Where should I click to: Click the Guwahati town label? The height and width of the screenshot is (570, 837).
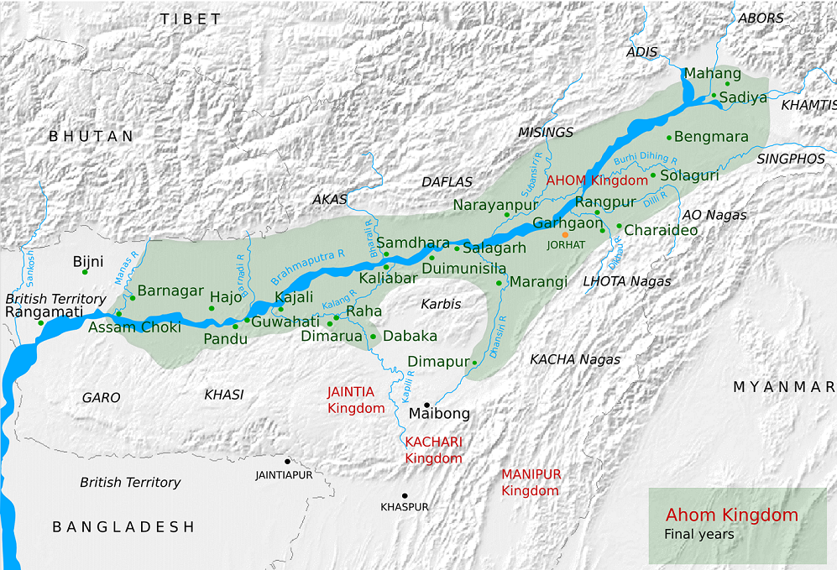tap(285, 322)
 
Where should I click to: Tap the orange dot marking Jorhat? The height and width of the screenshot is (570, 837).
tap(566, 235)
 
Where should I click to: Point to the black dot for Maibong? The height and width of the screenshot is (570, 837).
tap(427, 405)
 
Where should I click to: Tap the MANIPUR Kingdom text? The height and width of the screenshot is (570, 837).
tap(531, 482)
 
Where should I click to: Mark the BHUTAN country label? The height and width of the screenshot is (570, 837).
tap(91, 136)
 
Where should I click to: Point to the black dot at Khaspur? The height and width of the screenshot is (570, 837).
tap(405, 495)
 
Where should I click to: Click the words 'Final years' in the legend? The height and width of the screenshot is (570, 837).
tap(698, 534)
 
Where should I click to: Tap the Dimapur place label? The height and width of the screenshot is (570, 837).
tap(437, 362)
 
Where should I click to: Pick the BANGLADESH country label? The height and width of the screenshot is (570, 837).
tap(123, 527)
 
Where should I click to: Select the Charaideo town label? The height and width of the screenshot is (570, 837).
tap(661, 230)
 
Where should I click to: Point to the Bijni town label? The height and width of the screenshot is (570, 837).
tap(88, 262)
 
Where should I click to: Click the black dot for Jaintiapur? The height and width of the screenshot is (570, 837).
tap(287, 461)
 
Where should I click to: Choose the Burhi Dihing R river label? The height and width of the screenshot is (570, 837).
tap(645, 158)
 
